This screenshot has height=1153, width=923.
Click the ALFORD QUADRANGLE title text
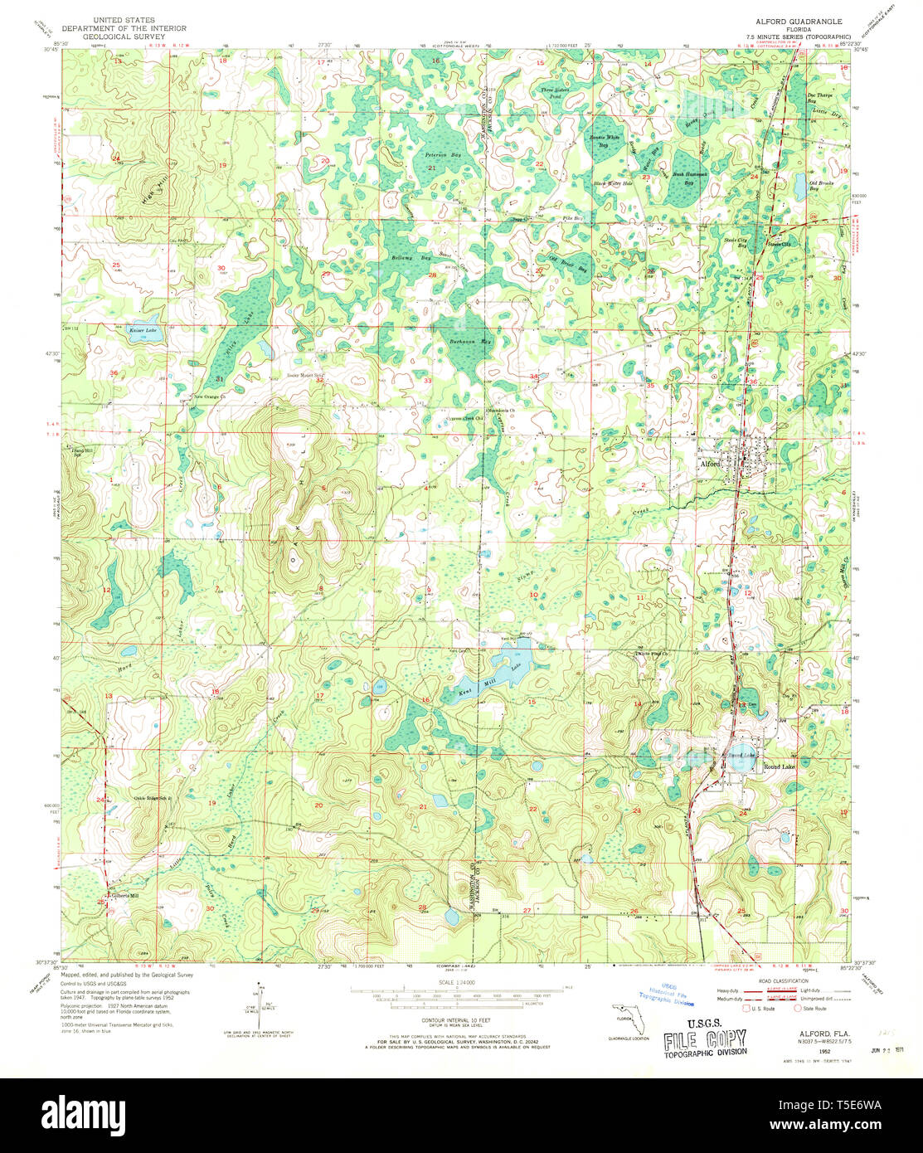pos(786,21)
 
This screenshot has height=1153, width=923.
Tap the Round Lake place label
pos(779,766)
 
